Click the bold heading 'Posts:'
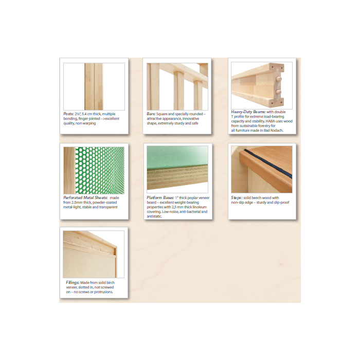pos(68,114)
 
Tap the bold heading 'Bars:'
pos(151,114)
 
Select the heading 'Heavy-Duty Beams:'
pos(248,112)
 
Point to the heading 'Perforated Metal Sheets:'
pos(85,197)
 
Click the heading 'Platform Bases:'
pos(160,197)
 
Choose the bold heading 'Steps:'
pos(237,197)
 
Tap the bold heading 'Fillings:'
pos(73,283)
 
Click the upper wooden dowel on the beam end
pos(278,79)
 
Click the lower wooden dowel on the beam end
pos(278,92)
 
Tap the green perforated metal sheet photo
pos(100,170)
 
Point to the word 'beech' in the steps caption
pos(256,197)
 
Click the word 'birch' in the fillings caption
pos(111,283)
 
